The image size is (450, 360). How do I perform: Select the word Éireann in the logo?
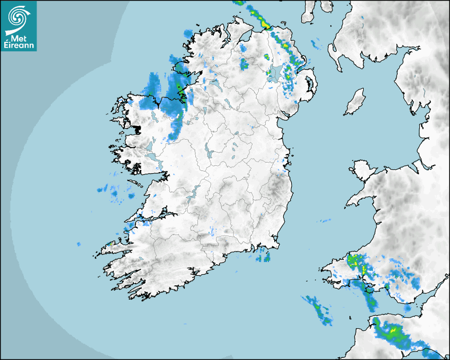pos(19,45)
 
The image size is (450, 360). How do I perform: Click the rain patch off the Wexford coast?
pos(263,257)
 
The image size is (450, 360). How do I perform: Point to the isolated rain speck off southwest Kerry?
pos(78,244)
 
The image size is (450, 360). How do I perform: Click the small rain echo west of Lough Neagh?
pos(244,64)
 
